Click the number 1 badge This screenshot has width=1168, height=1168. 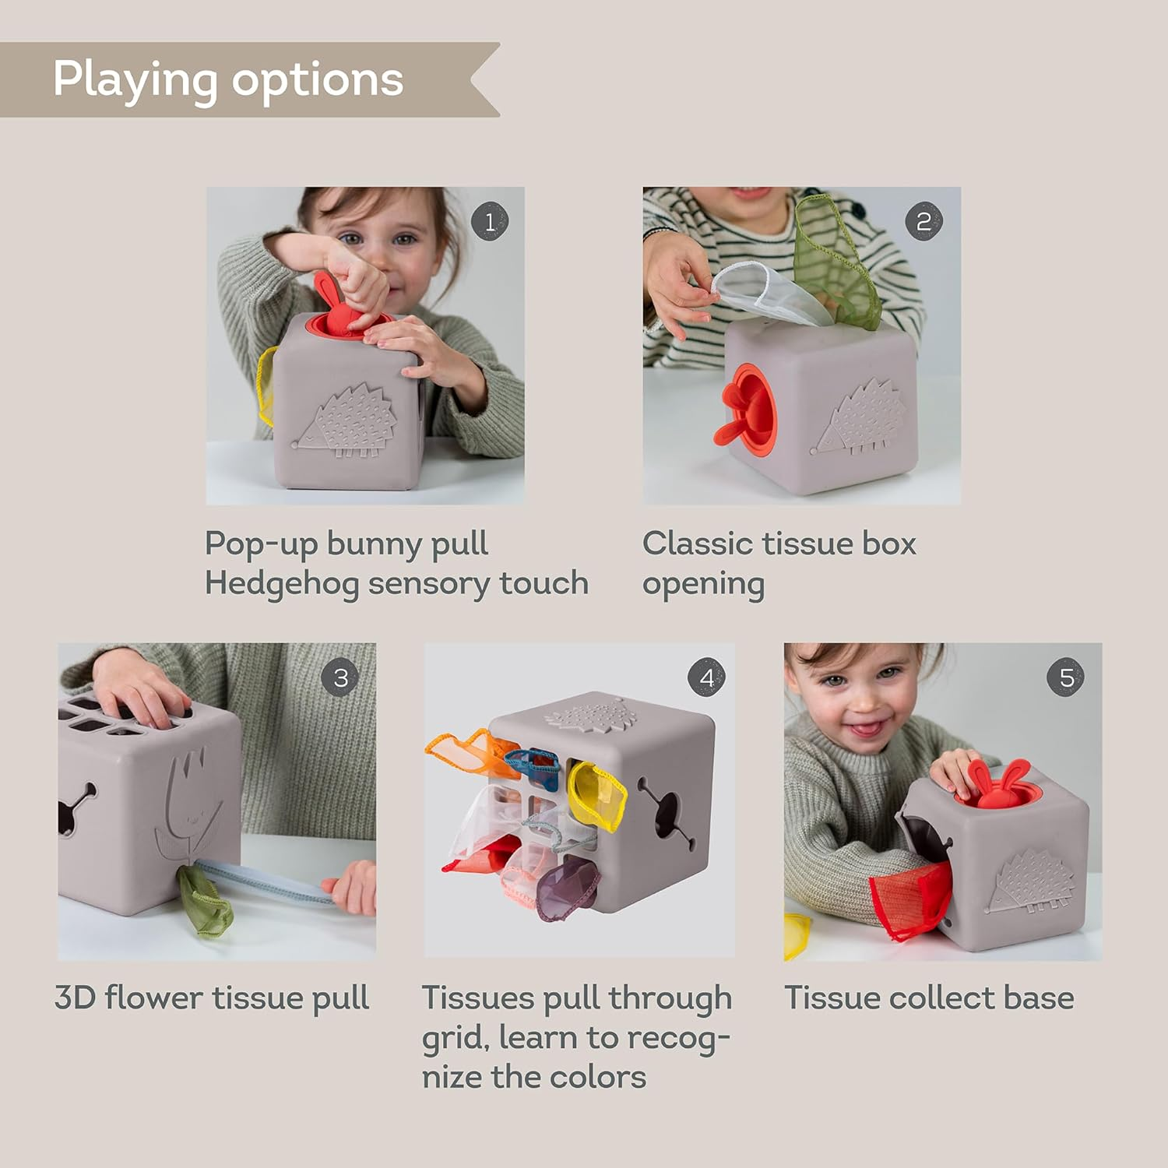tap(490, 222)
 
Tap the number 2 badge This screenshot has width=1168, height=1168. tap(923, 222)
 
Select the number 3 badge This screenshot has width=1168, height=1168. tap(340, 677)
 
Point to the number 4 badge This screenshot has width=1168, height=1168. tap(706, 677)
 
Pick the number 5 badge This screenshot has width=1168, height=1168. tap(1066, 677)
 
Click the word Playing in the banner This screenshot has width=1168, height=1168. tap(135, 80)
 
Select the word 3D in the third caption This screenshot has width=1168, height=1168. tap(74, 997)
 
